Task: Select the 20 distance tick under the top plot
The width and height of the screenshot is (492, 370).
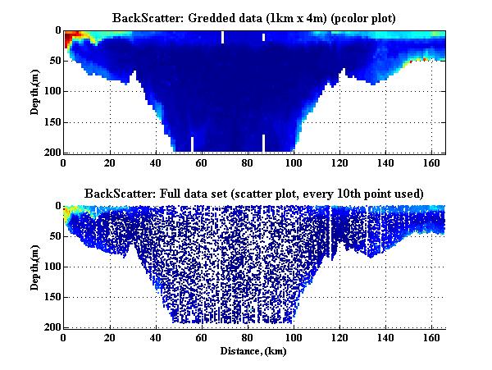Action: tap(109, 162)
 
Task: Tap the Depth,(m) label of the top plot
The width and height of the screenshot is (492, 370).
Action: tap(36, 91)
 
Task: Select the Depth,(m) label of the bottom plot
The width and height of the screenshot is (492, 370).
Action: tap(36, 267)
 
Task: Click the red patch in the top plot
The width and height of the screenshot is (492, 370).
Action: tap(71, 37)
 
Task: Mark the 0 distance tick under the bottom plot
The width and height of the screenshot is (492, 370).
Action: tap(64, 337)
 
